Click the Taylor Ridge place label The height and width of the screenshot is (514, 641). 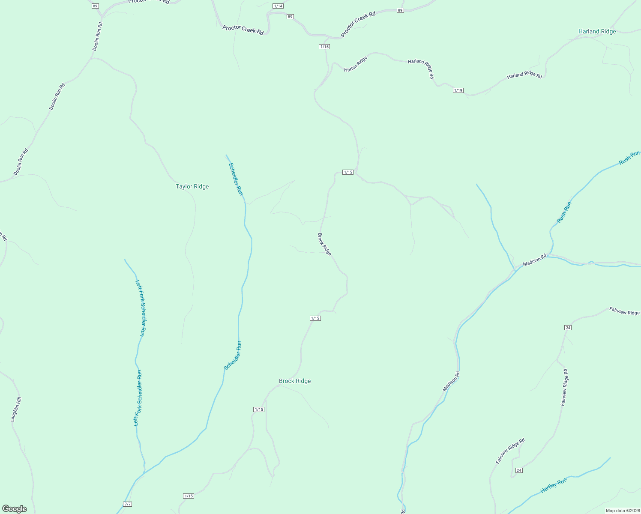pos(192,186)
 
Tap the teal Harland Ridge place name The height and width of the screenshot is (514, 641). pos(597,31)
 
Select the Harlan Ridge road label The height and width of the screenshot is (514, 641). pos(356,64)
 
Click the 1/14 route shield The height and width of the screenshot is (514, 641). pos(278,6)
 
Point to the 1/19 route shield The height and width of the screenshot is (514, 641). pos(458,90)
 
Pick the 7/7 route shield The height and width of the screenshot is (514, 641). pos(127,504)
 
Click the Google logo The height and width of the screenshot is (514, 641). pos(14,509)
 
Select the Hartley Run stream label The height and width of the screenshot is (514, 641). pos(553,486)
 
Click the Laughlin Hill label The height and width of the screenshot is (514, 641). pos(16,409)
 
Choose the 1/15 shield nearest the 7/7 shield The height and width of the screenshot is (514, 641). pos(189,496)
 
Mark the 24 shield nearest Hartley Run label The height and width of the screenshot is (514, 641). pos(519,470)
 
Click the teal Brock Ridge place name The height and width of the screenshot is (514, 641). pos(295,381)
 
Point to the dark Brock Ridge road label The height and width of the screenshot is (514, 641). pos(324,244)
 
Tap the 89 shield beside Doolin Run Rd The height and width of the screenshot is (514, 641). pos(95,6)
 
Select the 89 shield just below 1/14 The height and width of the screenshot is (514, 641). pos(290,17)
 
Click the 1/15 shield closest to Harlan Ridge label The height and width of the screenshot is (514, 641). pos(324,46)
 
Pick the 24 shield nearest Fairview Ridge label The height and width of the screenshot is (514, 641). pos(568,328)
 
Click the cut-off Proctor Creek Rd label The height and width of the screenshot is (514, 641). pos(149,2)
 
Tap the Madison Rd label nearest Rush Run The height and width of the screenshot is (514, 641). pos(535,259)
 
